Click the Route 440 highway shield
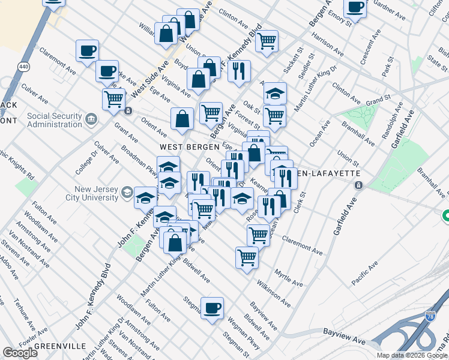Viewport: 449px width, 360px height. coord(23,66)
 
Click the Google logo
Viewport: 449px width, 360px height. coord(20,353)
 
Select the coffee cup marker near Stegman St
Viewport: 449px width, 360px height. coord(212,308)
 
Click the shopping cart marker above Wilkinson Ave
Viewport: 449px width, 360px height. coord(247,257)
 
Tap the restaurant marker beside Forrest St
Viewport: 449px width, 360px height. coord(239,71)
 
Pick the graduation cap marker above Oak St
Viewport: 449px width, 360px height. coord(275,93)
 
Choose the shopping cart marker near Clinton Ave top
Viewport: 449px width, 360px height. coord(266,41)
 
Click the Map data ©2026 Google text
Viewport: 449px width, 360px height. coord(412,355)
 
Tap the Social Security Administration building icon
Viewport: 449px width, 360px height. coord(91,119)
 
